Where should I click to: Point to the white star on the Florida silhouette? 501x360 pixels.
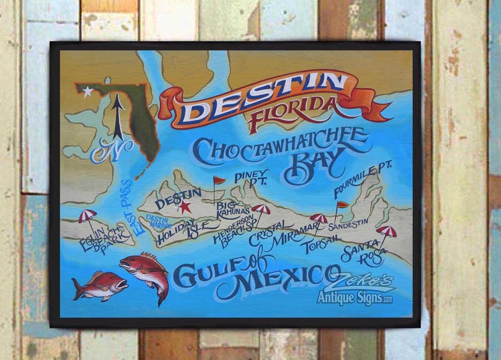[87, 92]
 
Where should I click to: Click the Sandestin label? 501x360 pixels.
[348, 227]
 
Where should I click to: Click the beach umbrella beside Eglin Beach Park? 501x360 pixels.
[87, 216]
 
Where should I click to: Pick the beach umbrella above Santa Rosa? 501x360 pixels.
[386, 231]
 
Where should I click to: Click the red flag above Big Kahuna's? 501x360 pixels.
[219, 181]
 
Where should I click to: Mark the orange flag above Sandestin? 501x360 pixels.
[341, 205]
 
